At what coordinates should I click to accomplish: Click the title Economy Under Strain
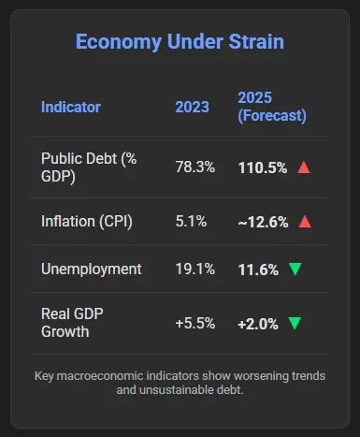(180, 42)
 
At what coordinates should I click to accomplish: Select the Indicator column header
(71, 107)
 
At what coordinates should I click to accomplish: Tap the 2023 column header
(192, 107)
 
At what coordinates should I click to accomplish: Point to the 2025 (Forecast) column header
(272, 107)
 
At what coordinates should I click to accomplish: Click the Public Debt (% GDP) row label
(89, 168)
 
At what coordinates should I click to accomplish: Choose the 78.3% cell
(195, 167)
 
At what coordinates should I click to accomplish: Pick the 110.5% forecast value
(263, 168)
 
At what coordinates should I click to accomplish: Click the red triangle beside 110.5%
(304, 168)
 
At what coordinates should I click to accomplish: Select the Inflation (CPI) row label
(87, 222)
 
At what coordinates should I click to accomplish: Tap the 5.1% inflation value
(191, 222)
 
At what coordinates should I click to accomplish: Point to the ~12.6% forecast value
(263, 223)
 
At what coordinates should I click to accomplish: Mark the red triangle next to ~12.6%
(305, 222)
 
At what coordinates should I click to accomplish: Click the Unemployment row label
(92, 269)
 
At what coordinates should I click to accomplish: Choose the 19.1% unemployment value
(195, 269)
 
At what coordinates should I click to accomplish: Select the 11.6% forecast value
(258, 269)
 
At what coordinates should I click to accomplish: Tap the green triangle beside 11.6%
(295, 269)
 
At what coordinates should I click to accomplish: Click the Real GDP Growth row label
(72, 323)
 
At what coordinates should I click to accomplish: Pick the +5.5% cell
(195, 323)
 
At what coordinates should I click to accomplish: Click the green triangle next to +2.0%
(295, 323)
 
